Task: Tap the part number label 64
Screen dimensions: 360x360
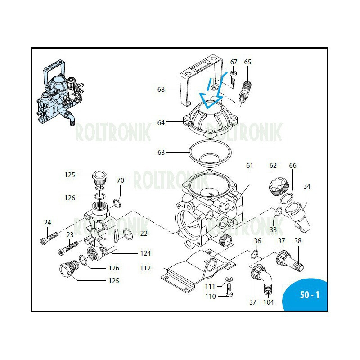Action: [x=161, y=122]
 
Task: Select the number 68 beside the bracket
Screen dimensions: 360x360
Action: [x=161, y=89]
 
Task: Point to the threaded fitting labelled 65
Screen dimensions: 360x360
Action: [x=246, y=89]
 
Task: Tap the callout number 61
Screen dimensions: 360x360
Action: [x=249, y=166]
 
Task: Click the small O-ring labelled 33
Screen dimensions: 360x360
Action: [x=279, y=211]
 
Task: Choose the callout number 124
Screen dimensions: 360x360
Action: [x=145, y=253]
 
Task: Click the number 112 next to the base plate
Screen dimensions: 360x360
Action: [x=145, y=268]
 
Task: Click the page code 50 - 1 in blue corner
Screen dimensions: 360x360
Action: [x=309, y=295]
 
